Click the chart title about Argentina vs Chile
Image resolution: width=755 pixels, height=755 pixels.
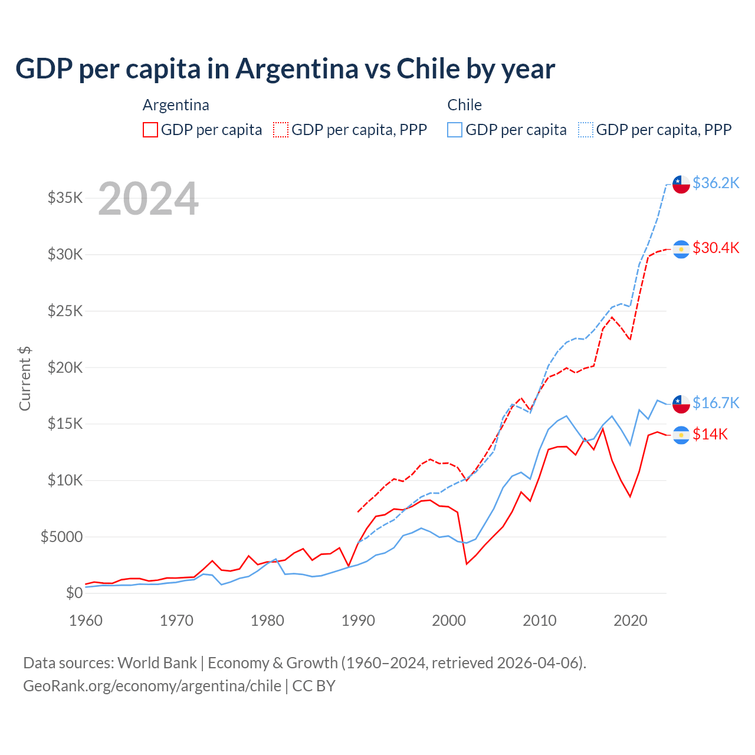pyautogui.click(x=285, y=68)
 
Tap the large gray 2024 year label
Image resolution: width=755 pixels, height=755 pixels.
pyautogui.click(x=148, y=199)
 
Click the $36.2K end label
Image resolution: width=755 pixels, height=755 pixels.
pyautogui.click(x=715, y=183)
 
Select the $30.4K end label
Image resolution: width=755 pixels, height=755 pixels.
pyautogui.click(x=715, y=248)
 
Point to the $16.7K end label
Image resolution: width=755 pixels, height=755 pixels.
pyautogui.click(x=715, y=403)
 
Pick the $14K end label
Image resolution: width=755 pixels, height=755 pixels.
pyautogui.click(x=710, y=434)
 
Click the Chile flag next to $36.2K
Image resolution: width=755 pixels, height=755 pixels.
pyautogui.click(x=681, y=184)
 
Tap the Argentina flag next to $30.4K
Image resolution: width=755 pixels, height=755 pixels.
pyautogui.click(x=681, y=250)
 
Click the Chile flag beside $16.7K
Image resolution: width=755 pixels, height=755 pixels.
pyautogui.click(x=681, y=404)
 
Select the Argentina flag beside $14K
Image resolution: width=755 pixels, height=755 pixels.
pyautogui.click(x=681, y=435)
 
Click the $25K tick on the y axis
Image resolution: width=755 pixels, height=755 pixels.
pyautogui.click(x=65, y=311)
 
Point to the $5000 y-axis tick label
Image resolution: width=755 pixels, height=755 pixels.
pyautogui.click(x=62, y=537)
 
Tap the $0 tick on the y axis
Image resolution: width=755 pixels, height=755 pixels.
pyautogui.click(x=74, y=593)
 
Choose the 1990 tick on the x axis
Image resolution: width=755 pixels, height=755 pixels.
pyautogui.click(x=358, y=621)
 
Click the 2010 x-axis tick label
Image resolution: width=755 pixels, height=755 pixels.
pyautogui.click(x=540, y=621)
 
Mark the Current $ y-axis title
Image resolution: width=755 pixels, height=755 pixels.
pyautogui.click(x=25, y=379)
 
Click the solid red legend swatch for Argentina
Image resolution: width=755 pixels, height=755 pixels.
pyautogui.click(x=150, y=130)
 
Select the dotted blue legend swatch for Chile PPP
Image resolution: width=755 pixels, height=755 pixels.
pyautogui.click(x=586, y=130)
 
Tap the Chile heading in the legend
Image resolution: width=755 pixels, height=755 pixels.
pyautogui.click(x=464, y=105)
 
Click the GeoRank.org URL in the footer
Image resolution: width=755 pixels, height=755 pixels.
pyautogui.click(x=152, y=686)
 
